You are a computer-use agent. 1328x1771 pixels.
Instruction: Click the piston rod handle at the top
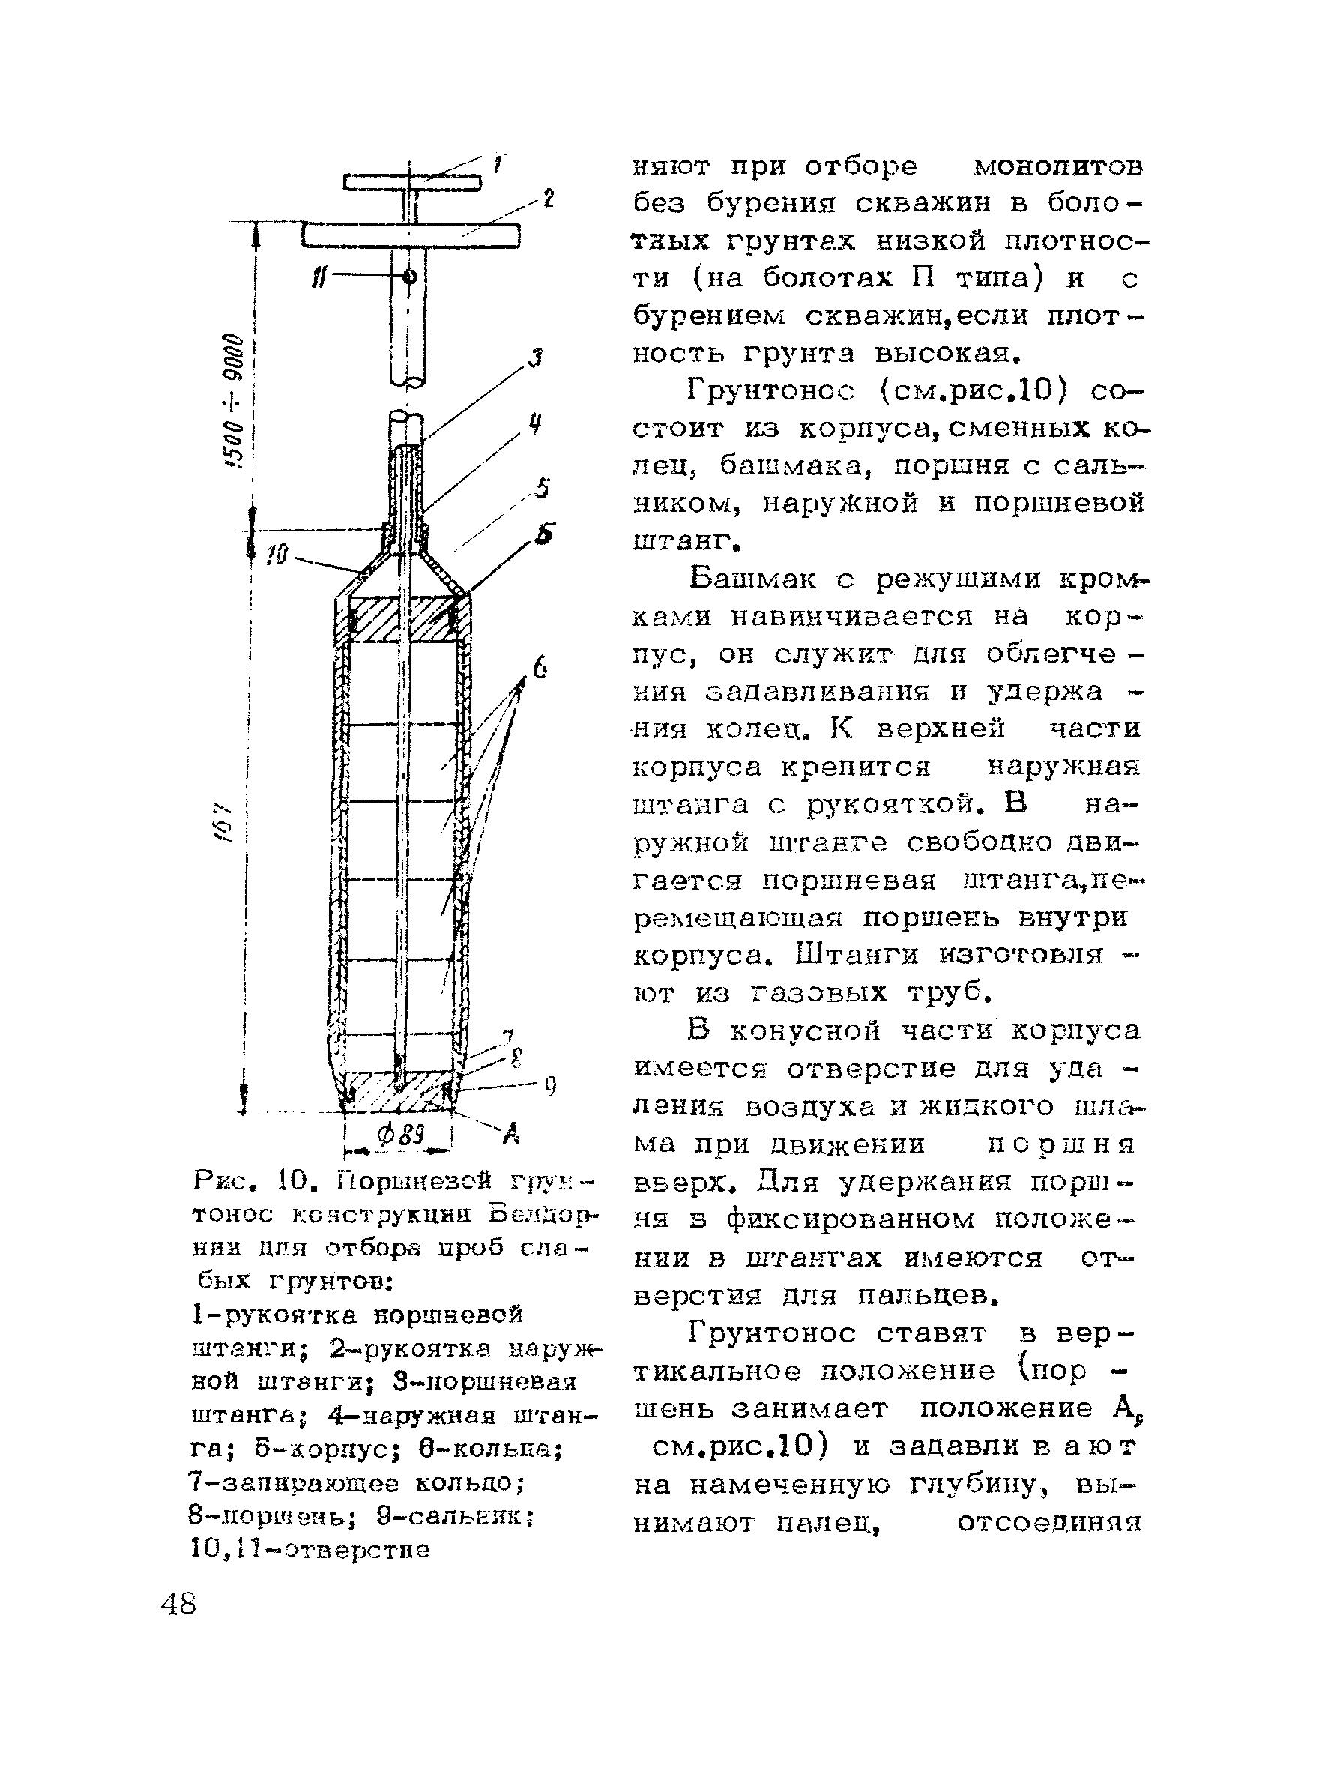pyautogui.click(x=412, y=183)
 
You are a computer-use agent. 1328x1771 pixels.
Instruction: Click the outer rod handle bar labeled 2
pyautogui.click(x=411, y=235)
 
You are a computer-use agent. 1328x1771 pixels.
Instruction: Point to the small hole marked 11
pyautogui.click(x=411, y=277)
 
